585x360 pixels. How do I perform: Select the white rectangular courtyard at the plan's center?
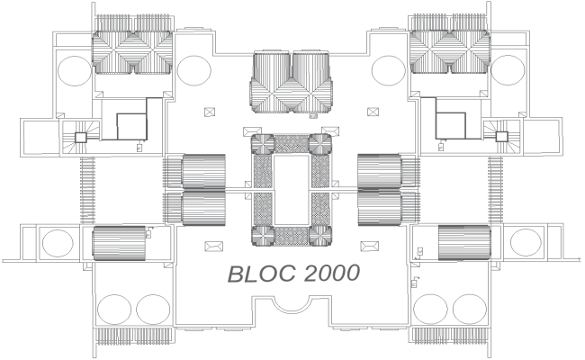pos(292,190)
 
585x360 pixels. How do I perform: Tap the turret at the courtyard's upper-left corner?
pos(261,144)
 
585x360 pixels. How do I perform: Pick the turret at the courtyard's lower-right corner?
pos(321,236)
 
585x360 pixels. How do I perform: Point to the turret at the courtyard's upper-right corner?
pos(321,144)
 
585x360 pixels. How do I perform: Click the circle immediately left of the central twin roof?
pos(193,69)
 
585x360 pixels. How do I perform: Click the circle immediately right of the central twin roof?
pos(388,69)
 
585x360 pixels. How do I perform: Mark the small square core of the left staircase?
pos(79,137)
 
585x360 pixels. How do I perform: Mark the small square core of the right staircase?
pos(501,136)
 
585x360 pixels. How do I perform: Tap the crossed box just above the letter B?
pos(213,245)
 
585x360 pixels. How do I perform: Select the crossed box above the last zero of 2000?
pos(367,245)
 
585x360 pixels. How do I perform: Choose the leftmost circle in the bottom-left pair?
pos(114,310)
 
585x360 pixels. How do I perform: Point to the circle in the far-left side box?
pos(58,243)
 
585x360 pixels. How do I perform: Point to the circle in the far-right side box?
pos(526,243)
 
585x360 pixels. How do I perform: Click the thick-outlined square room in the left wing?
pos(133,125)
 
